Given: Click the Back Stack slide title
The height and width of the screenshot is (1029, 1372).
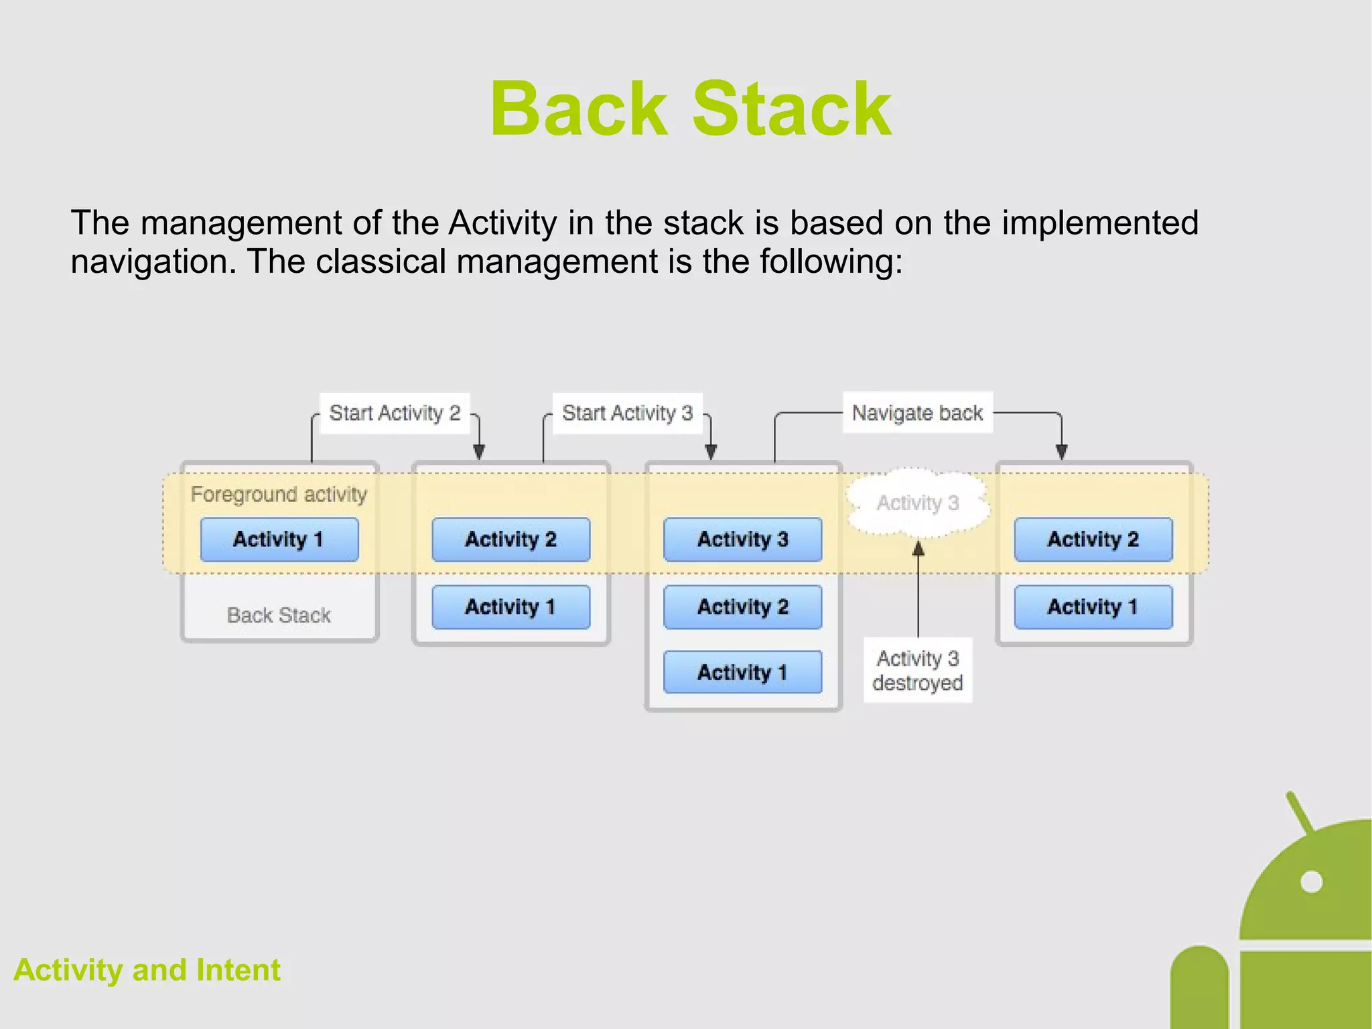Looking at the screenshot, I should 691,109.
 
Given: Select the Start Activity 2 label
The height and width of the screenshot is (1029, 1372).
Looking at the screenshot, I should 395,413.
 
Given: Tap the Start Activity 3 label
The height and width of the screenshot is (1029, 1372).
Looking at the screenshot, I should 627,413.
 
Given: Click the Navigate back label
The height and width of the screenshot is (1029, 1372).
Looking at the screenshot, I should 917,413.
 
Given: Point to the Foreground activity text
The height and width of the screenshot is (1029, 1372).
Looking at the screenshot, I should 279,495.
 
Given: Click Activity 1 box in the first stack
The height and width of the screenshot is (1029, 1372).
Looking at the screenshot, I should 279,540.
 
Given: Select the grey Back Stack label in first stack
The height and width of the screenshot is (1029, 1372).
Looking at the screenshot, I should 279,615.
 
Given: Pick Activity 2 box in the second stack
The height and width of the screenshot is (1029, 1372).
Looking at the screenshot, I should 510,540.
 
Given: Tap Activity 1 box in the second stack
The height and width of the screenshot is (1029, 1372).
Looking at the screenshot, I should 510,607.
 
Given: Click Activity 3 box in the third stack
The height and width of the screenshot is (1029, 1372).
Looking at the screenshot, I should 742,540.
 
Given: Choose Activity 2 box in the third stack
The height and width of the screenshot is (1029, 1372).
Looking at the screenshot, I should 742,607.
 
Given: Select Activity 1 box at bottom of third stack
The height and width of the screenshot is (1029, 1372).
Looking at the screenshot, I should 742,672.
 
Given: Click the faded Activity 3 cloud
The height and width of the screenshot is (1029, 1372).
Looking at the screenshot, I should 918,503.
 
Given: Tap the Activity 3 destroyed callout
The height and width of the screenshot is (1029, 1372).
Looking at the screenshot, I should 917,670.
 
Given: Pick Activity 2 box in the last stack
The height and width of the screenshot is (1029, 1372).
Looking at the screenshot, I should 1093,540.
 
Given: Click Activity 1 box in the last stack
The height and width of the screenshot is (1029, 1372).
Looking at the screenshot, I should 1093,607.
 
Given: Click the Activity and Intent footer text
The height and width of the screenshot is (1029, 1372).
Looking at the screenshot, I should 147,970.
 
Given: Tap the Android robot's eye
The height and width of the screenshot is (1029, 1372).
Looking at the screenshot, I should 1311,882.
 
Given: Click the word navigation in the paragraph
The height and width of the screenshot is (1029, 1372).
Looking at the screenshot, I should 153,262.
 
